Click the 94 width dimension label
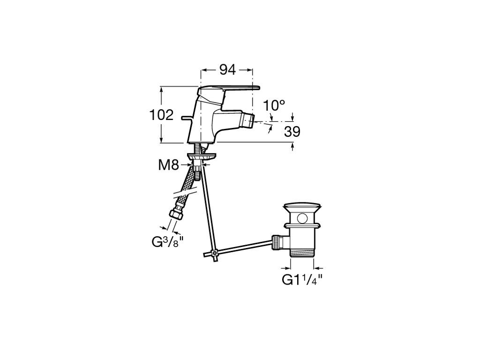[x=228, y=70]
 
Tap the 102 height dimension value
[x=161, y=115]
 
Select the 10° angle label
[x=274, y=105]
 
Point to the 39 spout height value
[x=292, y=132]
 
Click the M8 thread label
[x=168, y=165]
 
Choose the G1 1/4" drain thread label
[x=302, y=279]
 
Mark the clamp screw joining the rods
[x=215, y=253]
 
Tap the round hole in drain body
[x=303, y=218]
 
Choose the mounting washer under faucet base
[x=202, y=157]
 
